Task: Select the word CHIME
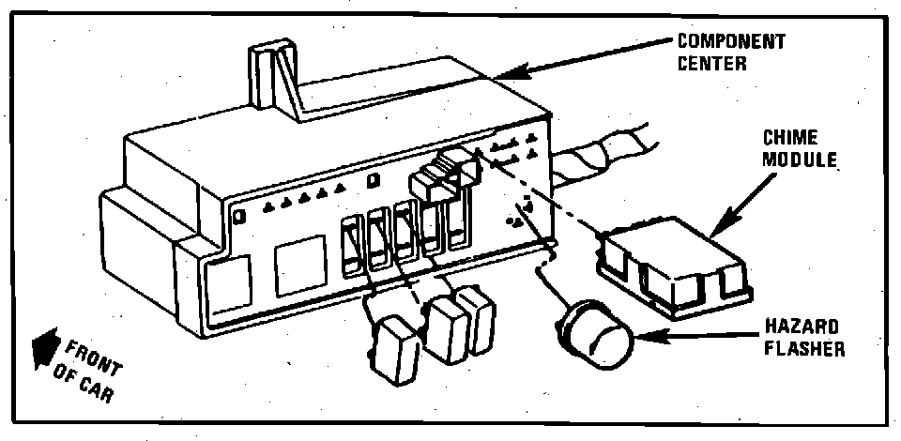point(791,137)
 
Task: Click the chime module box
point(675,266)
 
